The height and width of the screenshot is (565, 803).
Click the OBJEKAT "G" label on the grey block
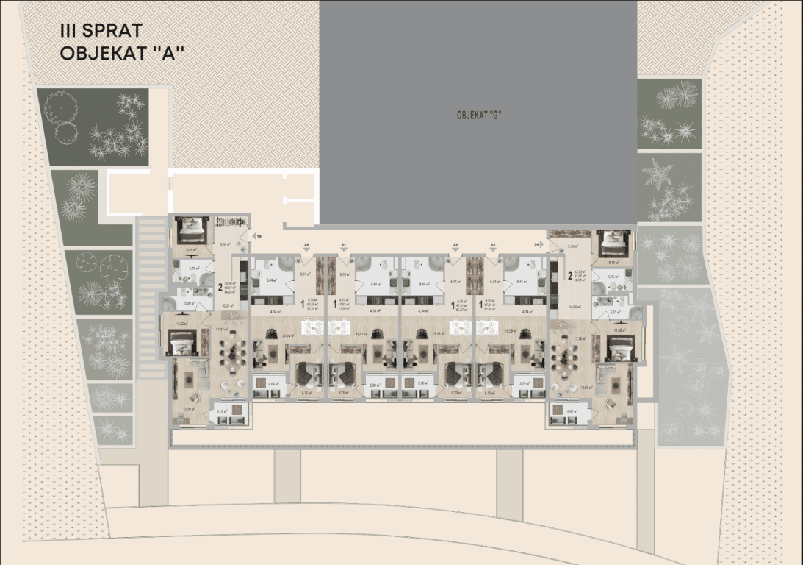click(x=478, y=114)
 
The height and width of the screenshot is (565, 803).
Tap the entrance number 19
click(x=259, y=237)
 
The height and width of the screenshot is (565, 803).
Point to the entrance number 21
click(x=343, y=244)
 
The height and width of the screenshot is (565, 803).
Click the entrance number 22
click(x=455, y=244)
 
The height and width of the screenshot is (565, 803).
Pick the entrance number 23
click(x=493, y=244)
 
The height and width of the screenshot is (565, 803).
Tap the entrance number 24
click(x=538, y=244)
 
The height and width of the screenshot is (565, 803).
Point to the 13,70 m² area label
click(x=187, y=409)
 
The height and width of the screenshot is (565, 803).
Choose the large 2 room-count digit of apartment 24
click(x=569, y=277)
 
